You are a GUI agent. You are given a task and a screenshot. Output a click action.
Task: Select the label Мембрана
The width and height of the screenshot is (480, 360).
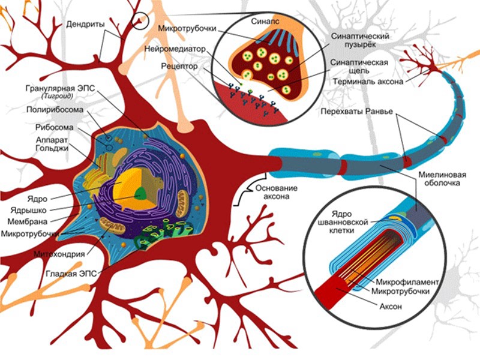[26, 221]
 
